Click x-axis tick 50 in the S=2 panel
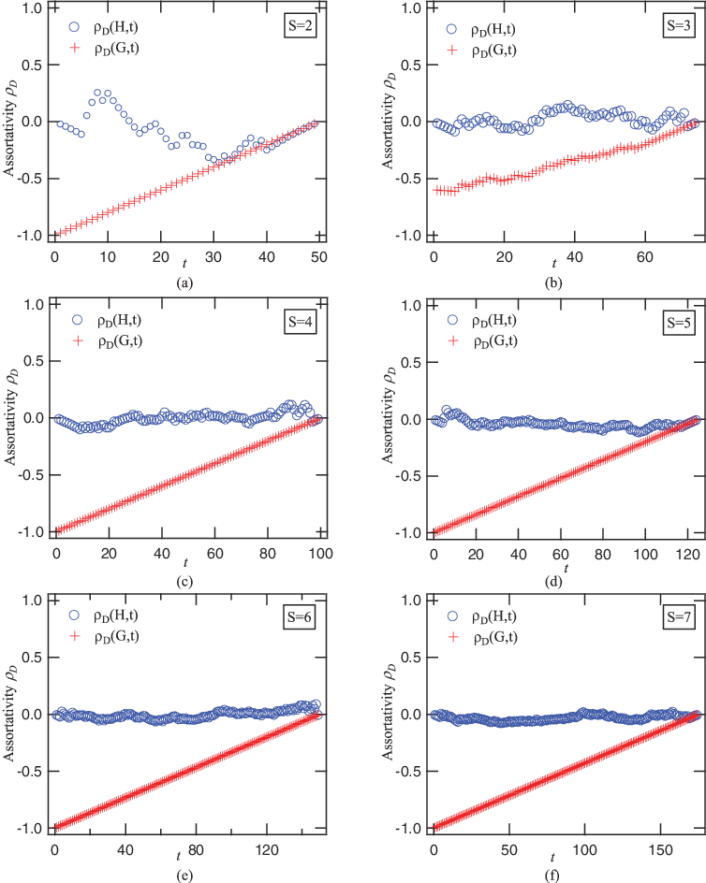click(319, 256)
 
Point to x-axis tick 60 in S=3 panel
click(644, 256)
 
